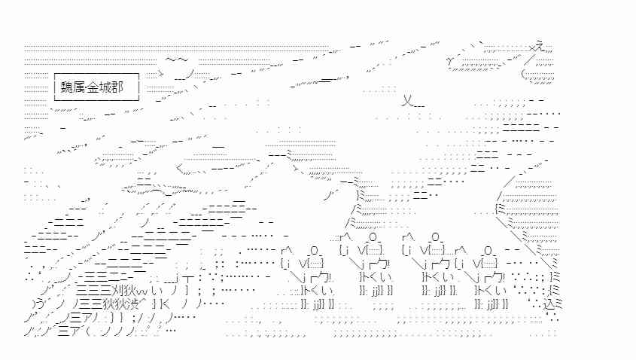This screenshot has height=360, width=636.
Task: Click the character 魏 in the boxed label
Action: (x=67, y=87)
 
